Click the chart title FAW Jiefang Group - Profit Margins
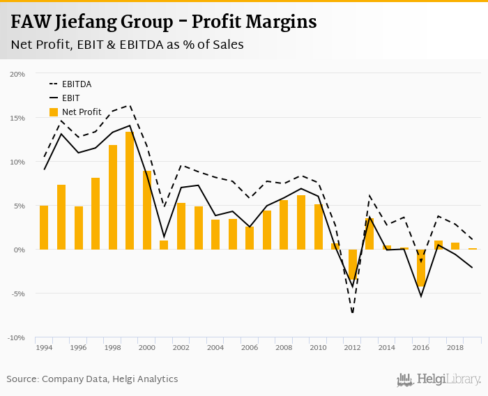click(x=164, y=22)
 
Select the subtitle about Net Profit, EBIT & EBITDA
click(x=127, y=44)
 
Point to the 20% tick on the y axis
click(x=17, y=74)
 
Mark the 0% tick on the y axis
click(x=20, y=250)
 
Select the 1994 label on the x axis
click(x=44, y=347)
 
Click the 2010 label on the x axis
click(x=318, y=347)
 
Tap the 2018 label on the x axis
click(x=455, y=347)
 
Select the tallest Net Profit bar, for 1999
click(x=130, y=190)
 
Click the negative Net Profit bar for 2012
click(x=352, y=265)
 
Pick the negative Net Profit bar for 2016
click(x=420, y=268)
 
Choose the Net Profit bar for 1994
click(x=44, y=227)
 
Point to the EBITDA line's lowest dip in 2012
click(x=353, y=312)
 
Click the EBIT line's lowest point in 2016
click(x=421, y=296)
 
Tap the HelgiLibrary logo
click(x=439, y=379)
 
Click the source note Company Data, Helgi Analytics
click(x=92, y=379)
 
